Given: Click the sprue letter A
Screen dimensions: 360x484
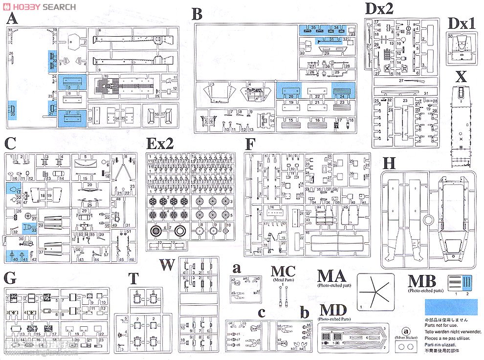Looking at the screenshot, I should tap(12, 19).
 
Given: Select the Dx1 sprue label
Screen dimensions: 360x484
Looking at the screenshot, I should tap(462, 23).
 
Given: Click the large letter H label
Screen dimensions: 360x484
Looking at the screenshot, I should tap(389, 164).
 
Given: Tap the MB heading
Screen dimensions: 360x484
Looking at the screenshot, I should tap(422, 282).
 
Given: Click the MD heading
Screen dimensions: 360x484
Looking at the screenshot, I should tap(333, 310).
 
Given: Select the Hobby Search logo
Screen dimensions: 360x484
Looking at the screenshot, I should tap(39, 6).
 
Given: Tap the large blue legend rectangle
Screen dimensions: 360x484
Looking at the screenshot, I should tap(450, 307).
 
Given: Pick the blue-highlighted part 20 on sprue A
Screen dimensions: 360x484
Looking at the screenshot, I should tap(13, 111).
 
